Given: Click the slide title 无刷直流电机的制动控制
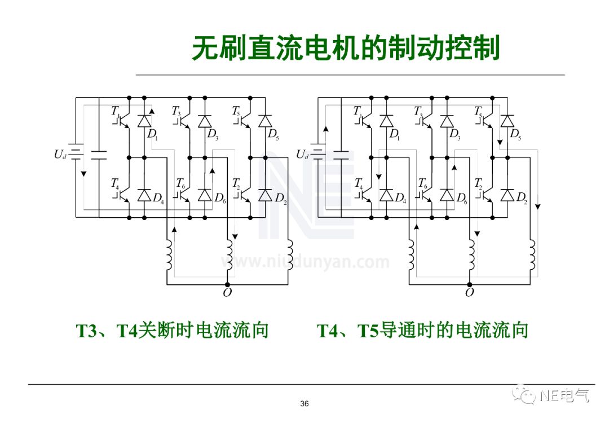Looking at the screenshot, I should click(x=346, y=49).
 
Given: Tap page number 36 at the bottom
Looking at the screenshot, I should click(x=304, y=403).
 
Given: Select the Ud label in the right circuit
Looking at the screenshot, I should click(x=302, y=154).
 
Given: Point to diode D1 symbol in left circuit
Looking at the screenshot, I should click(x=144, y=121).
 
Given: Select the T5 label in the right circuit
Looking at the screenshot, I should click(x=479, y=111).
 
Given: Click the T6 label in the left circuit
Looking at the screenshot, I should click(x=180, y=183).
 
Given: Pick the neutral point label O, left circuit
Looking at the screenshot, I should click(x=227, y=292).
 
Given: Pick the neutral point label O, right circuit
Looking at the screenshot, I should click(x=469, y=292).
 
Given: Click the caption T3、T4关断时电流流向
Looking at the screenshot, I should click(x=172, y=330).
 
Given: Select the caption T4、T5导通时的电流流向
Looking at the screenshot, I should click(x=422, y=330).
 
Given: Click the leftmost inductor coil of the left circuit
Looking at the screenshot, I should click(x=167, y=255).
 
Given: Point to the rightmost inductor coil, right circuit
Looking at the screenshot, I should click(x=531, y=255).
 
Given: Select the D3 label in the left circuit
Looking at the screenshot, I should click(x=212, y=134).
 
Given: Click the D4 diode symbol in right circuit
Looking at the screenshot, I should click(x=386, y=195).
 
